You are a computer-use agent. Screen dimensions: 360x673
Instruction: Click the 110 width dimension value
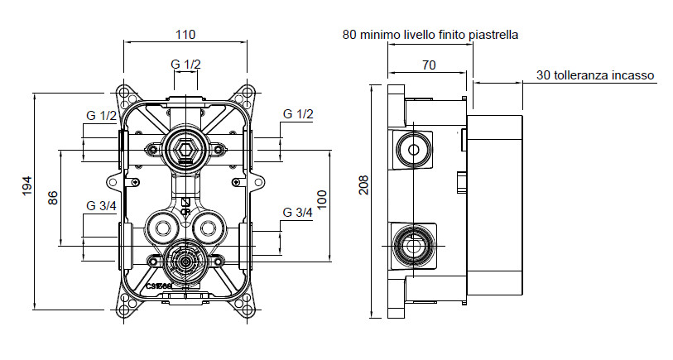[185, 35]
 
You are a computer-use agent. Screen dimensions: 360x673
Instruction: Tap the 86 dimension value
[53, 198]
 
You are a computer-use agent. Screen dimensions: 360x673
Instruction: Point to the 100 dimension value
[322, 198]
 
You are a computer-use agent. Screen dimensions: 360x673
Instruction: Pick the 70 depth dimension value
[429, 64]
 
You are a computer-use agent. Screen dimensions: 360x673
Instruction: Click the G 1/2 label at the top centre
[185, 65]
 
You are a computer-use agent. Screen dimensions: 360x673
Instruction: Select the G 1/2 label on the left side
[102, 115]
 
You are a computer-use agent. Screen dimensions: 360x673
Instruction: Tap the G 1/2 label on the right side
[297, 113]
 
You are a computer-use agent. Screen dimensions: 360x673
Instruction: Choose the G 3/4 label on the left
[102, 205]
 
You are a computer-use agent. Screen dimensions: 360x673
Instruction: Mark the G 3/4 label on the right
[297, 213]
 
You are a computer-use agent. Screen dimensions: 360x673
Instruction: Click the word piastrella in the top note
[493, 35]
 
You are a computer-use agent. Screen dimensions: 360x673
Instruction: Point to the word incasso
[631, 75]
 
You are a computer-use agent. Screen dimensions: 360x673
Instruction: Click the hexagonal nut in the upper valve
[184, 148]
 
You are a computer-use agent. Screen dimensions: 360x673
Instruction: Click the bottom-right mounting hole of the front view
[248, 310]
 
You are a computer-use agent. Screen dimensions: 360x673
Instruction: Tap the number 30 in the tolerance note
[543, 75]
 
